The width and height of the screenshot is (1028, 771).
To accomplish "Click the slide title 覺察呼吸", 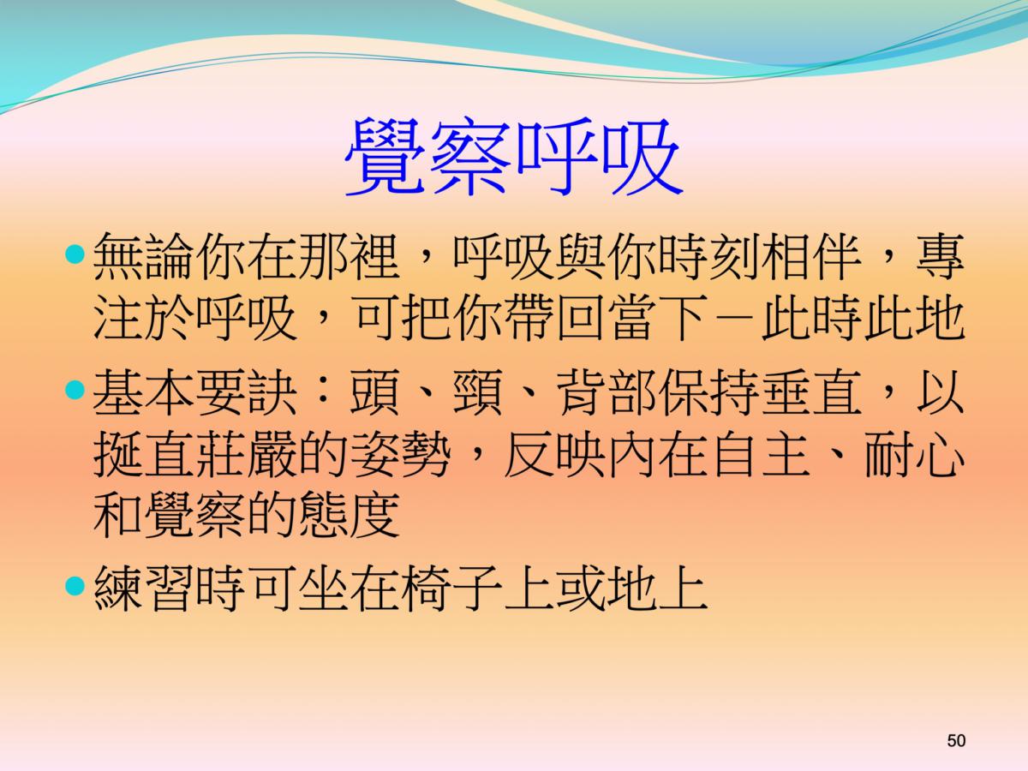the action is pyautogui.click(x=513, y=157).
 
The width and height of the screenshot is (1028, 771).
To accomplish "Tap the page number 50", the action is pyautogui.click(x=956, y=740).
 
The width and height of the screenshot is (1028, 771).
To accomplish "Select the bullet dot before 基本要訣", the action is pyautogui.click(x=75, y=390).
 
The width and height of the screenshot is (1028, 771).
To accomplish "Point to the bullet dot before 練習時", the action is pyautogui.click(x=75, y=586).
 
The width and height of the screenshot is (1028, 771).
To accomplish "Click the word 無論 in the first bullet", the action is pyautogui.click(x=144, y=257).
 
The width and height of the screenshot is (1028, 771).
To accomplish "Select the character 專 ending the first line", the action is pyautogui.click(x=940, y=257).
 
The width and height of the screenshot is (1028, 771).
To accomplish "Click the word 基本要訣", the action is pyautogui.click(x=194, y=392).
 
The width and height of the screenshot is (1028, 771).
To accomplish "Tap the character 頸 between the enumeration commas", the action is pyautogui.click(x=477, y=392).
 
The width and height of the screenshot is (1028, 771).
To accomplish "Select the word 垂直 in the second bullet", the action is pyautogui.click(x=811, y=392).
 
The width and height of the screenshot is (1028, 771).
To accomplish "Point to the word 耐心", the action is pyautogui.click(x=914, y=454).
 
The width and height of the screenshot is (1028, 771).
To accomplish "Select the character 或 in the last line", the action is pyautogui.click(x=580, y=589).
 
